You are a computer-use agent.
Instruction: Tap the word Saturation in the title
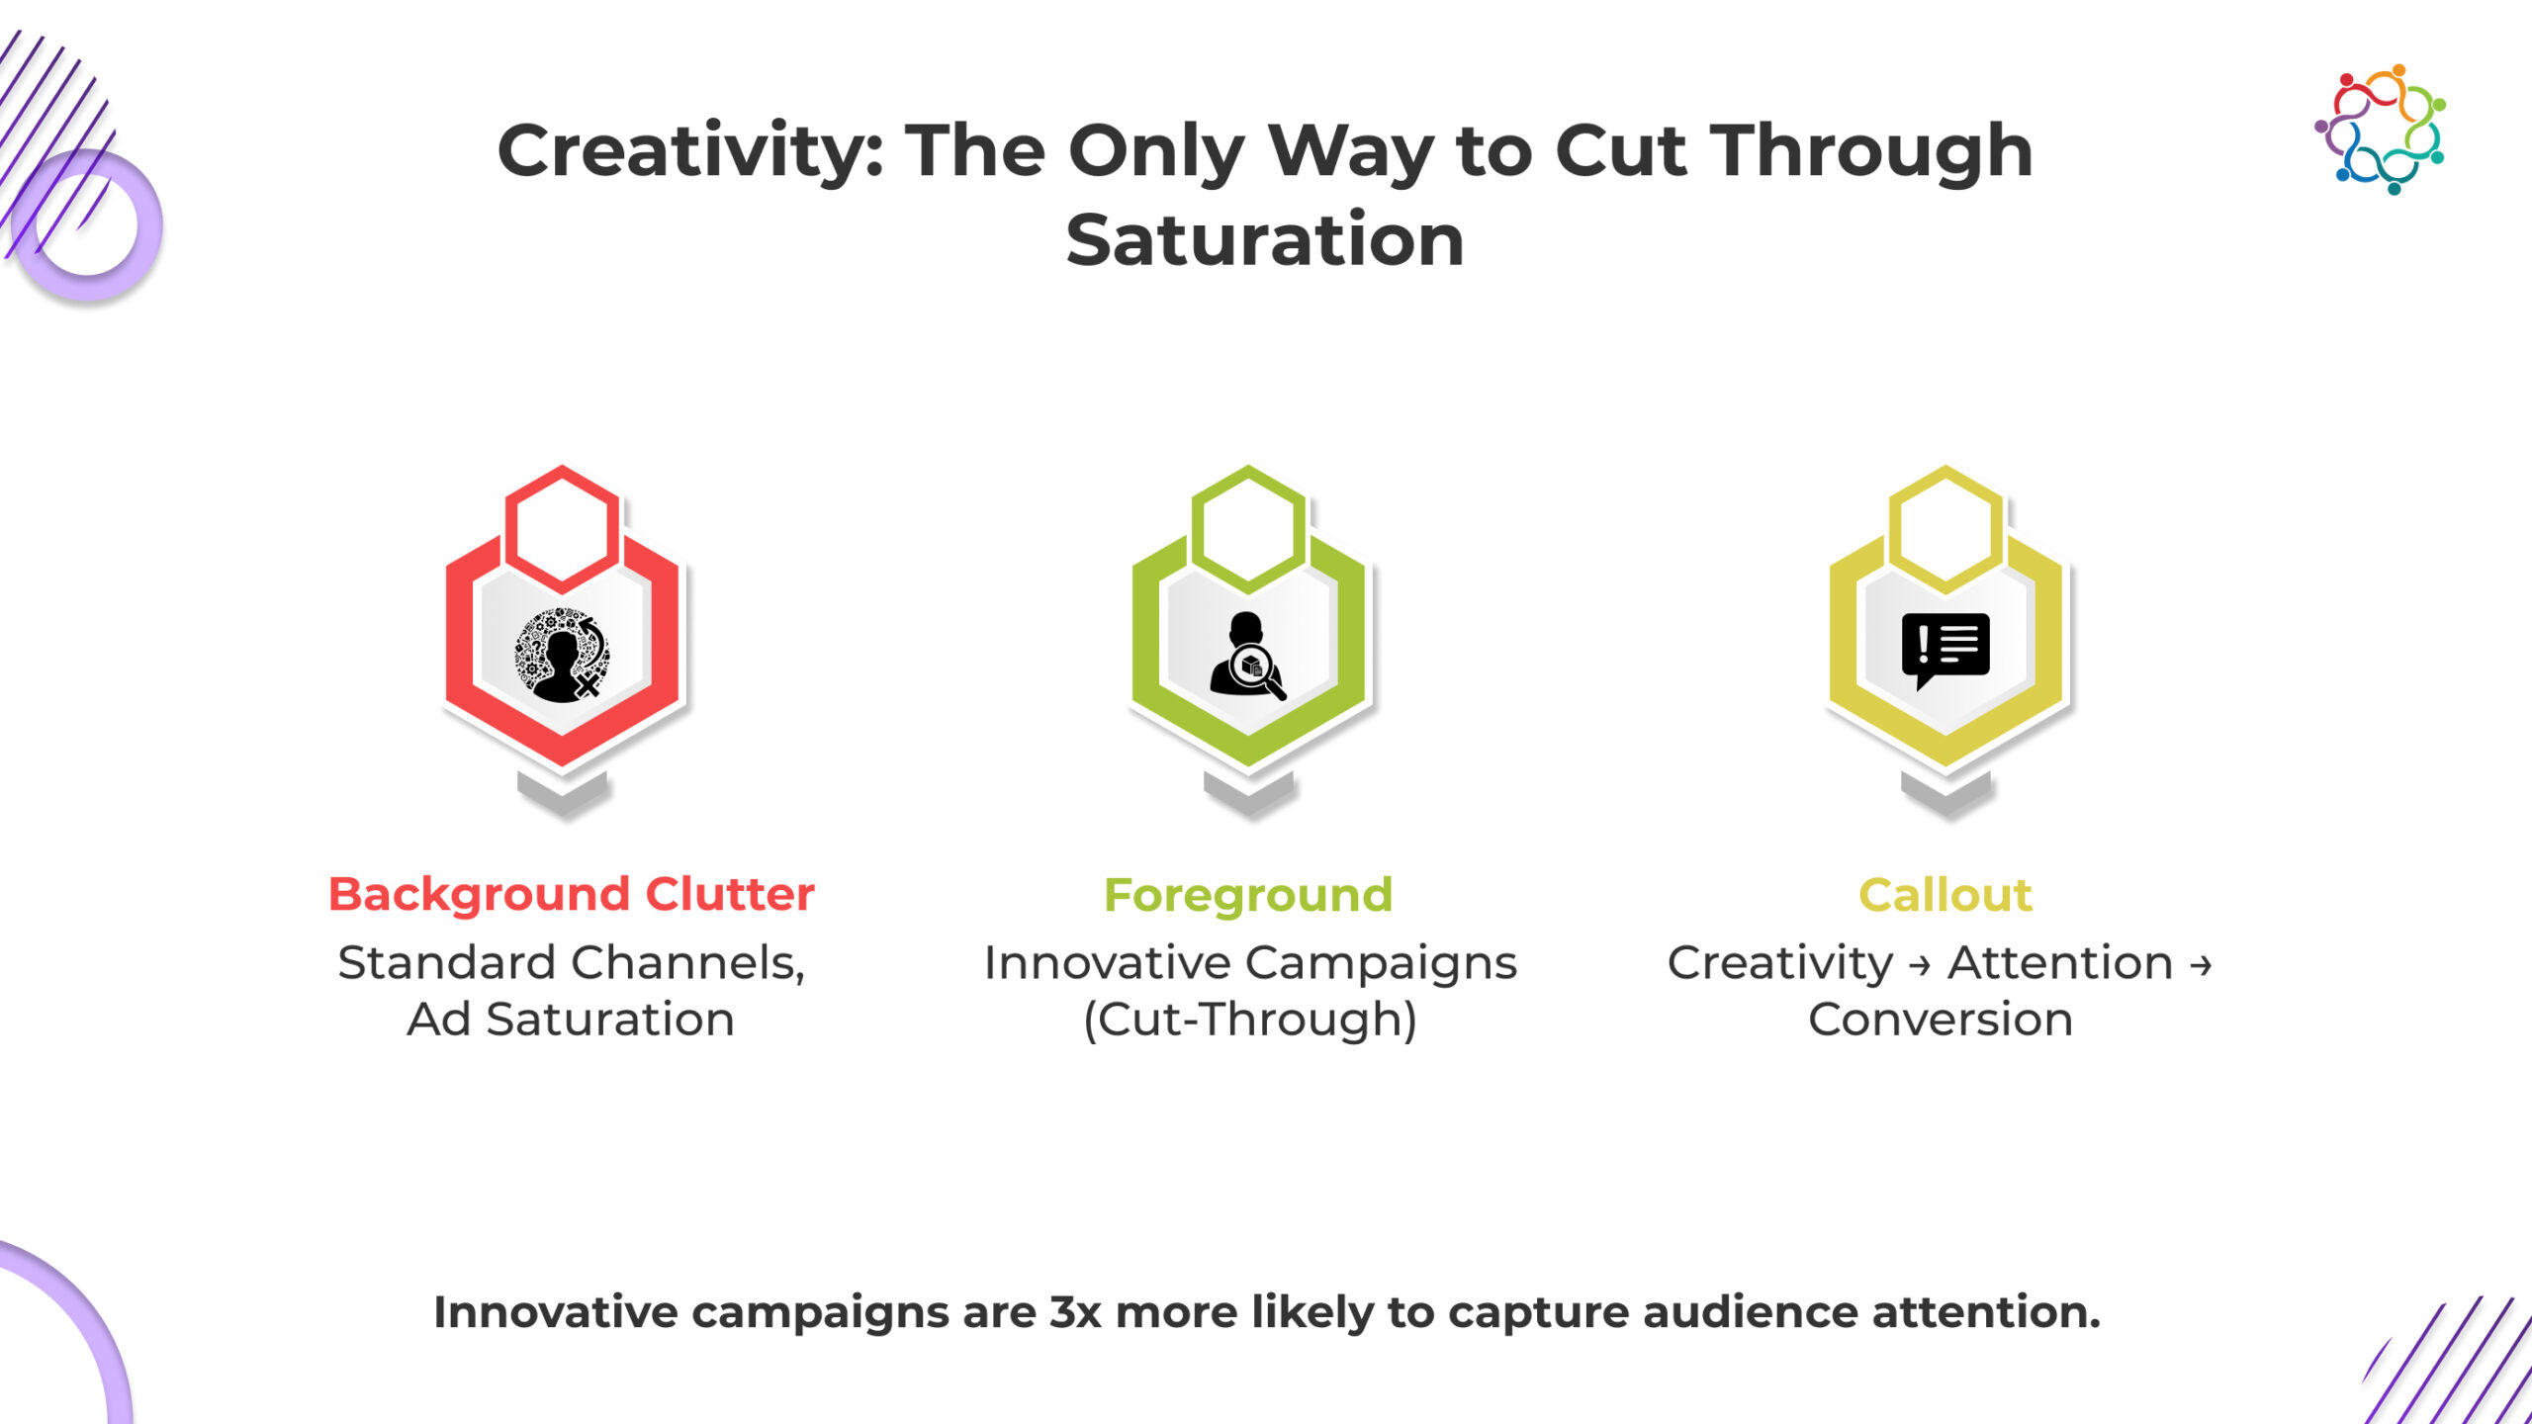click(x=1265, y=240)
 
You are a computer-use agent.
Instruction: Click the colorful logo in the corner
click(x=2381, y=129)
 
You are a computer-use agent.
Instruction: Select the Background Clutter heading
click(x=572, y=894)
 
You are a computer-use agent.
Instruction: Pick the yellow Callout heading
click(x=1945, y=895)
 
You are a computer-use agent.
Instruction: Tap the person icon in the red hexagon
click(x=562, y=655)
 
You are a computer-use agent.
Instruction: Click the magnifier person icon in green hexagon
click(x=1248, y=656)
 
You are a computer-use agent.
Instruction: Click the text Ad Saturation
click(x=571, y=1020)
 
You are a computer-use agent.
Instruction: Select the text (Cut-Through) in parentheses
click(x=1250, y=1021)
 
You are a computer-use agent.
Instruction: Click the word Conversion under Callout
click(x=1941, y=1020)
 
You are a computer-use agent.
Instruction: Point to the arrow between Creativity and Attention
click(x=1920, y=965)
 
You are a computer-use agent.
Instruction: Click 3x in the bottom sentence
click(x=1075, y=1312)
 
